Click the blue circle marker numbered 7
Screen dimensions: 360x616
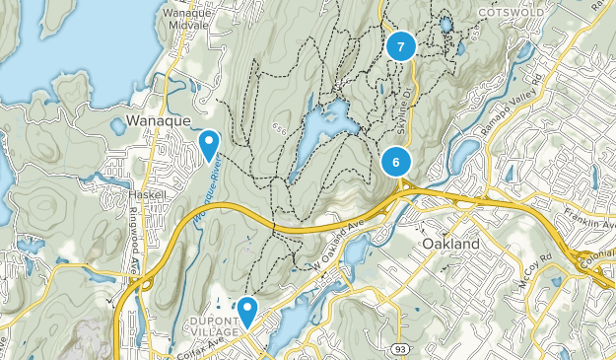click(x=400, y=46)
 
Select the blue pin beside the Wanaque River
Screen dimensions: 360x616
click(x=209, y=144)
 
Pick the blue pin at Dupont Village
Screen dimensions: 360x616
click(x=246, y=312)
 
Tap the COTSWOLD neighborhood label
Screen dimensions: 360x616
click(x=512, y=11)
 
